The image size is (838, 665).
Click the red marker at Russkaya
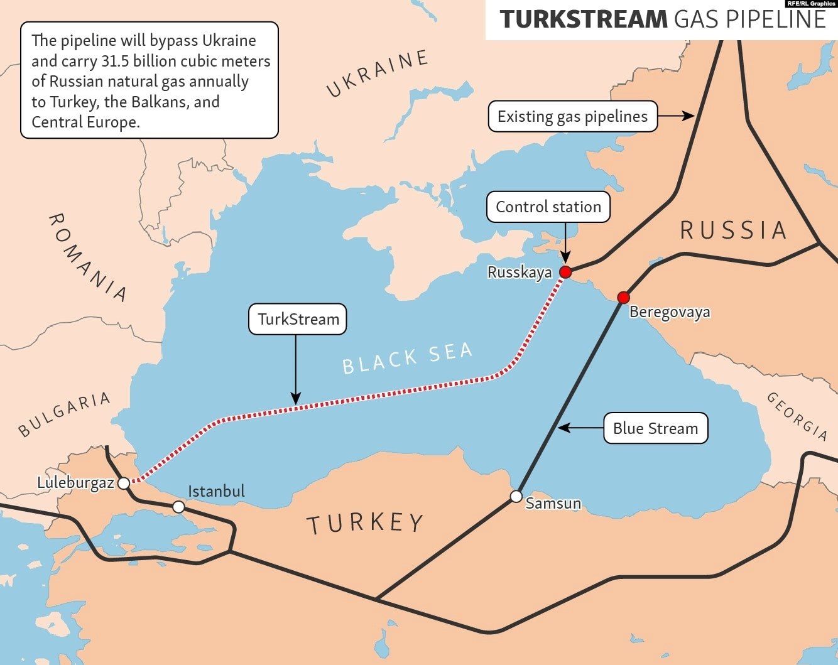pyautogui.click(x=565, y=272)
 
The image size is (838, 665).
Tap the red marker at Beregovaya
pyautogui.click(x=623, y=297)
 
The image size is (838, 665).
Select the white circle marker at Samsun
pyautogui.click(x=516, y=497)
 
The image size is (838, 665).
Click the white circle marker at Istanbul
pyautogui.click(x=179, y=506)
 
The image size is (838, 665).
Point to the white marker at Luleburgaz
pyautogui.click(x=124, y=483)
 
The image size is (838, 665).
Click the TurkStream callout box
pyautogui.click(x=298, y=319)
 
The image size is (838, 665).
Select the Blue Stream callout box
pyautogui.click(x=655, y=428)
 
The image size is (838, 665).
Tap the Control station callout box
pyautogui.click(x=548, y=207)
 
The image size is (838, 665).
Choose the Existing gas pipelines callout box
pyautogui.click(x=572, y=116)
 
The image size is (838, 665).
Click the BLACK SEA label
pyautogui.click(x=407, y=359)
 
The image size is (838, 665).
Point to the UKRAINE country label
pyautogui.click(x=378, y=73)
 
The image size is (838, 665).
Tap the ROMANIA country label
pyautogui.click(x=87, y=257)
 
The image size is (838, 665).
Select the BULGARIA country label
pyautogui.click(x=64, y=414)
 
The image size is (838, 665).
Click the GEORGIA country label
pyautogui.click(x=797, y=416)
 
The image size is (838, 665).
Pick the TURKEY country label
pyautogui.click(x=365, y=523)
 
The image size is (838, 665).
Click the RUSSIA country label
pyautogui.click(x=733, y=230)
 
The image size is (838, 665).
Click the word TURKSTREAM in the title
pyautogui.click(x=582, y=19)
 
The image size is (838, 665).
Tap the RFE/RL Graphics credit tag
pyautogui.click(x=811, y=4)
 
